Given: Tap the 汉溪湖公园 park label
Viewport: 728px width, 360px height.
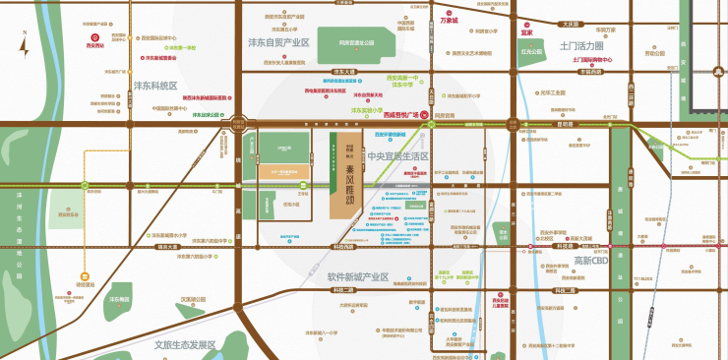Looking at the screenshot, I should [193, 299].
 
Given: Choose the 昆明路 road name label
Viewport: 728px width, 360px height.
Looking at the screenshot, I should [565, 125].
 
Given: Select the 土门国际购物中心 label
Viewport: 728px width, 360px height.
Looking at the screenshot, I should [591, 60].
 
